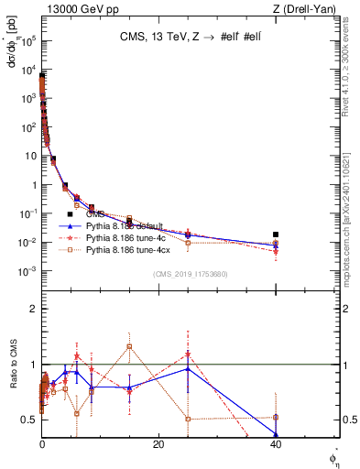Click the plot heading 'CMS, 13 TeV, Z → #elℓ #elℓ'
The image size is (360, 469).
190,38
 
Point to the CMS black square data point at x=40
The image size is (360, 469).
276,234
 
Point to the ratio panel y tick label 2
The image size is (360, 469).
32,309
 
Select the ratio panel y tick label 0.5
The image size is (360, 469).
28,420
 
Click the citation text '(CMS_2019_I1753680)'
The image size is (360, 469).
190,274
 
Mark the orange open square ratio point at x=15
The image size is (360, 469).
130,346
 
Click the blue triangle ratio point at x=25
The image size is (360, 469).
188,368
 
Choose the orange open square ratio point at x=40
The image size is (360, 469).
276,418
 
